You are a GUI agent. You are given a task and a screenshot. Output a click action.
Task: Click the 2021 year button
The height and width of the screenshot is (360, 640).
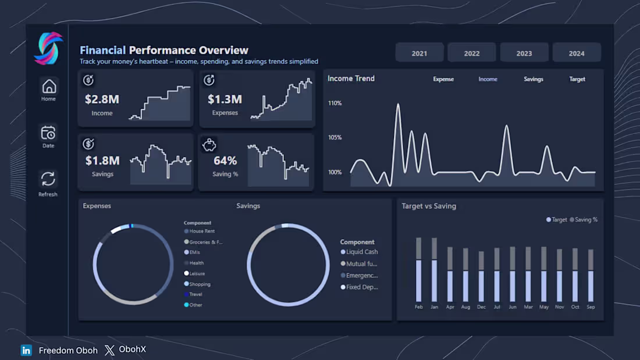point(419,53)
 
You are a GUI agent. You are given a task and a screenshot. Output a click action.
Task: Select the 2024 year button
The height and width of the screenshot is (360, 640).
point(576,53)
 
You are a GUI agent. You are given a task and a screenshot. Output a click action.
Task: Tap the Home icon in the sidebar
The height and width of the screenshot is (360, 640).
point(49,87)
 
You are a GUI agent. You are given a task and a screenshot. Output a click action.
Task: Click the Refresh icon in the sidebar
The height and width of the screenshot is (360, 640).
point(48,179)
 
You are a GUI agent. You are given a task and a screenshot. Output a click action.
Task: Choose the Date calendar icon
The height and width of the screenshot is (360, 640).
point(48,133)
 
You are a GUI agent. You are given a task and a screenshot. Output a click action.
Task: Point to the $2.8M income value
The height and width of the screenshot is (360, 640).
point(102,99)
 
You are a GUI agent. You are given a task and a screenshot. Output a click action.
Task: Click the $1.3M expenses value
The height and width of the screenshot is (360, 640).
point(225,99)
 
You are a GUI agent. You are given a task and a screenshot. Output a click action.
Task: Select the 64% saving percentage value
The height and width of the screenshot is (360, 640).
point(225,161)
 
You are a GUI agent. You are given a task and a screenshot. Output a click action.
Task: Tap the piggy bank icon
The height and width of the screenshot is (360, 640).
point(209,144)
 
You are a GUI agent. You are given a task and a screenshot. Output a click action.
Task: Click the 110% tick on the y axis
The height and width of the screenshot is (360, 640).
point(335,103)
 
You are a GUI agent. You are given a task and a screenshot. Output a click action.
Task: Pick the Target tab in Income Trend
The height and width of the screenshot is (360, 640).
point(577,79)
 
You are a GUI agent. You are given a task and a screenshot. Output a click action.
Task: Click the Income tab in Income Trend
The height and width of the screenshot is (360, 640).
point(488,79)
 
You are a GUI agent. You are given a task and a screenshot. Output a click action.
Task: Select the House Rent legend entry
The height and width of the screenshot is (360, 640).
point(201,231)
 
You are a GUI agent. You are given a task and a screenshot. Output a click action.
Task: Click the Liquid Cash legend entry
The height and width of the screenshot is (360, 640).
point(361,252)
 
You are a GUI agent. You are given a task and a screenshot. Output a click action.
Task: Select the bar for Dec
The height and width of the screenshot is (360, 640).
point(481,277)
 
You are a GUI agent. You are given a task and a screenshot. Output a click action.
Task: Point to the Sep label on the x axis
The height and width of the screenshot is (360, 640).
point(591,306)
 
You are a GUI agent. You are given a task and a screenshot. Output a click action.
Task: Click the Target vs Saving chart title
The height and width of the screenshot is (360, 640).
point(429,206)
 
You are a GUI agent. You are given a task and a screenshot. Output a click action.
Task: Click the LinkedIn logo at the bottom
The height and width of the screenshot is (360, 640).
point(26,350)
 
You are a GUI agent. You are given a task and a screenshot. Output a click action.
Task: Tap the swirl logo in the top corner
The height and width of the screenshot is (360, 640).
point(48,48)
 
